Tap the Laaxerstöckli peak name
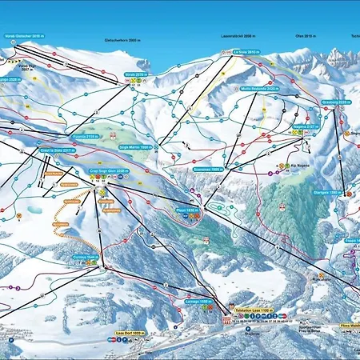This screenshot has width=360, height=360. point(236,37)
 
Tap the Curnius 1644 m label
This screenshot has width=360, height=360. point(86,257)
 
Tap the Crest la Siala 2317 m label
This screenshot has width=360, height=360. point(57,149)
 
